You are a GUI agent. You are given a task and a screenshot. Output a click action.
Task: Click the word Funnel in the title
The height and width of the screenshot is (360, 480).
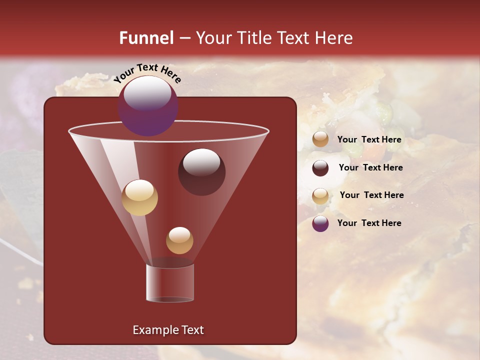click(146, 38)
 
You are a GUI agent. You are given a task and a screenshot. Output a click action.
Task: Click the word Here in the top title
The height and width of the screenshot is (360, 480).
click(335, 38)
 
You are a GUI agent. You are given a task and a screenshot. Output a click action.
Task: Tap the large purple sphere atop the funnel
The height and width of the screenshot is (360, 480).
click(148, 106)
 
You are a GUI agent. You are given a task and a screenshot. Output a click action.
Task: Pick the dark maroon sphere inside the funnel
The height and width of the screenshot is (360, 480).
click(201, 172)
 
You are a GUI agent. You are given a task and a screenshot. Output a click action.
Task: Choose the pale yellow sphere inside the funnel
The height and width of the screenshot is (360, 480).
click(139, 197)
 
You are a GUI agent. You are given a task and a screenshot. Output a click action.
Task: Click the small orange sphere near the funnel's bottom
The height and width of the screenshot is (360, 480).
click(179, 240)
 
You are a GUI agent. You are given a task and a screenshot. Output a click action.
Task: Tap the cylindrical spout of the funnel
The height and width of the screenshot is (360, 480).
click(169, 283)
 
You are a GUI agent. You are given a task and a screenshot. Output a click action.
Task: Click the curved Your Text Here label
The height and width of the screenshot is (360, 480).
click(147, 73)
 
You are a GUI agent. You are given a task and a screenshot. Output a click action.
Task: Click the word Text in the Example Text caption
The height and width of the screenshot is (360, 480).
click(192, 330)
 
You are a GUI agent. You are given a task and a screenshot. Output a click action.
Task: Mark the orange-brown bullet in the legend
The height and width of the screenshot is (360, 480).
click(320, 139)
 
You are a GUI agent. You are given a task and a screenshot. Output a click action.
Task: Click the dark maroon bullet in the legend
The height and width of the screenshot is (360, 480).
click(320, 168)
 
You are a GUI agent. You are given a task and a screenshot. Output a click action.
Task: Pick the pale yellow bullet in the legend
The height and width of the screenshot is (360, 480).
click(320, 196)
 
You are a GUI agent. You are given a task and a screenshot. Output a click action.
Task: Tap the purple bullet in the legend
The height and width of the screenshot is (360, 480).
click(320, 223)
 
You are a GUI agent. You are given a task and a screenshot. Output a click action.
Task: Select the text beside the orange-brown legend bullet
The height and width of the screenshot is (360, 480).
click(369, 139)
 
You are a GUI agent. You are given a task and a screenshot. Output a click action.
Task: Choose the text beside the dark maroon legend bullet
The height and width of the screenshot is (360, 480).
click(370, 167)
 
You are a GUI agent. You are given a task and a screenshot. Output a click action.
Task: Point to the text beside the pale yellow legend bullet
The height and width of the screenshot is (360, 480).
click(371, 195)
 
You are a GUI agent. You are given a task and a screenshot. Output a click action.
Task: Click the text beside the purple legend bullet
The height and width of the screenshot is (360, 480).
click(369, 223)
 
